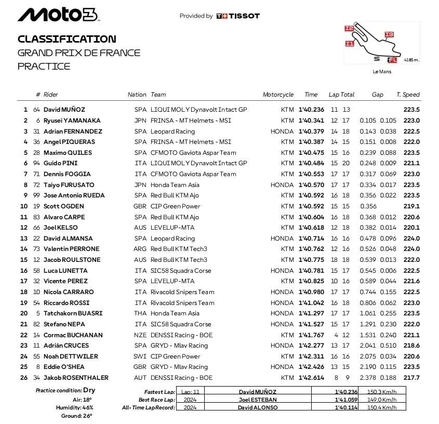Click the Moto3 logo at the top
(57, 15)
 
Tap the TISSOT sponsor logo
(237, 16)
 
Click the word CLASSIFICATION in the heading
(67, 39)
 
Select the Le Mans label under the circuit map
(382, 72)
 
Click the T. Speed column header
(408, 95)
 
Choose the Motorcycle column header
(278, 95)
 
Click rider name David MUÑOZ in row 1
(64, 110)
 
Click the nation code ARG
(140, 249)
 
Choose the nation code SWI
(141, 356)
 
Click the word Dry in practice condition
(89, 390)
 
